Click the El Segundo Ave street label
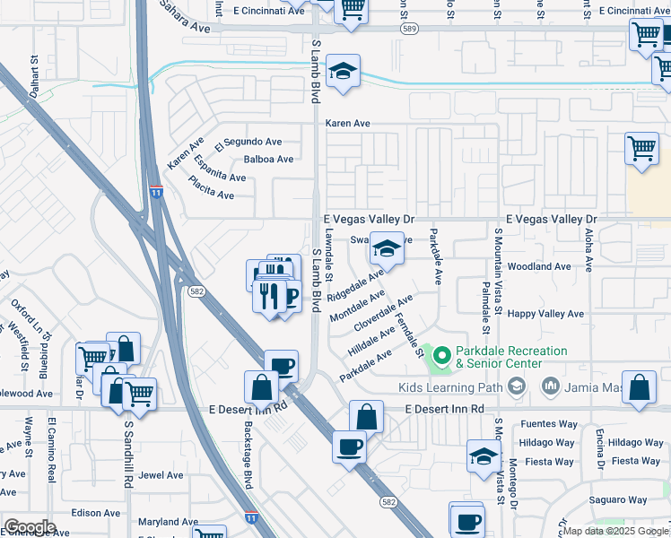248,142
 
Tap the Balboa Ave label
268,160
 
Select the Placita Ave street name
211,186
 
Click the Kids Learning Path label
450,386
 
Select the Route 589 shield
409,29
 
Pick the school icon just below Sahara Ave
343,73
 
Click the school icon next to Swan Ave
387,249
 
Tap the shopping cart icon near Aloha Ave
640,149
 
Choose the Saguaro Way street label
618,499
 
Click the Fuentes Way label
546,424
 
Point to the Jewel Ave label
161,475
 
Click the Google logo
30,527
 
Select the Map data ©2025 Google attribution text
614,531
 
